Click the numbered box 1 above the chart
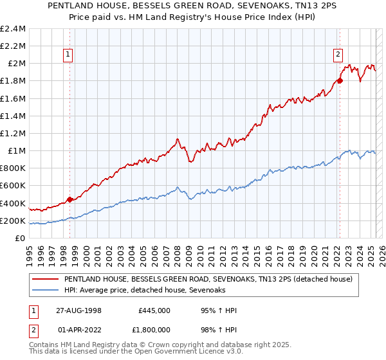pos(68,55)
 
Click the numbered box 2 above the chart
pos(338,55)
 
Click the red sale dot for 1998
pos(70,199)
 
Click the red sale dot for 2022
pos(340,80)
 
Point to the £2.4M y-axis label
pos(13,28)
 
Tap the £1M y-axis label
pos(16,150)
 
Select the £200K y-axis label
pos(13,221)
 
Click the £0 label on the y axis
pos(21,238)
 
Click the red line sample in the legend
pos(45,280)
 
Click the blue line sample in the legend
pos(45,291)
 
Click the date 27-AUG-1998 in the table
pos(80,310)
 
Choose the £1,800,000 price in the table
pos(154,331)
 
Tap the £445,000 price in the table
pos(154,310)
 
